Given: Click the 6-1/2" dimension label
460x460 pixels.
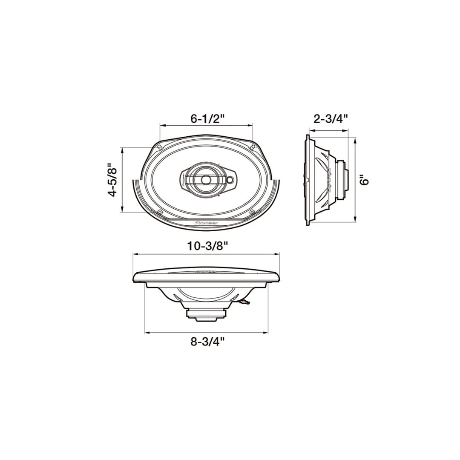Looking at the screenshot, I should click(x=207, y=119).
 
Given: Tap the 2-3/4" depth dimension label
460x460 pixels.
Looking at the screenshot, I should click(x=331, y=119).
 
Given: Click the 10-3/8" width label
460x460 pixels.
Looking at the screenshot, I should click(x=207, y=246).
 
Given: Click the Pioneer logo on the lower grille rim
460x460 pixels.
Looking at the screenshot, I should click(x=206, y=222).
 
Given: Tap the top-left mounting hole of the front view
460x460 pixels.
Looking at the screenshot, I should click(x=159, y=147).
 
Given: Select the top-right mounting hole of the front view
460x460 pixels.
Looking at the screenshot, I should click(x=253, y=147).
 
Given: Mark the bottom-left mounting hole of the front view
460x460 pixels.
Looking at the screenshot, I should click(x=159, y=212).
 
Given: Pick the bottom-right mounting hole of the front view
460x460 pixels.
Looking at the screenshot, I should click(x=252, y=212).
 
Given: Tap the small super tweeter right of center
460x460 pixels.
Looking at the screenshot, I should click(x=230, y=179).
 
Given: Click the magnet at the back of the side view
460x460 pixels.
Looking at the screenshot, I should click(x=343, y=179).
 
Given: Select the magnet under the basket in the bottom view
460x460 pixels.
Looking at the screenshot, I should click(x=206, y=314).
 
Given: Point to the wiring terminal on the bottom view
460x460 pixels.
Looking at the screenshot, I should click(x=243, y=302).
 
